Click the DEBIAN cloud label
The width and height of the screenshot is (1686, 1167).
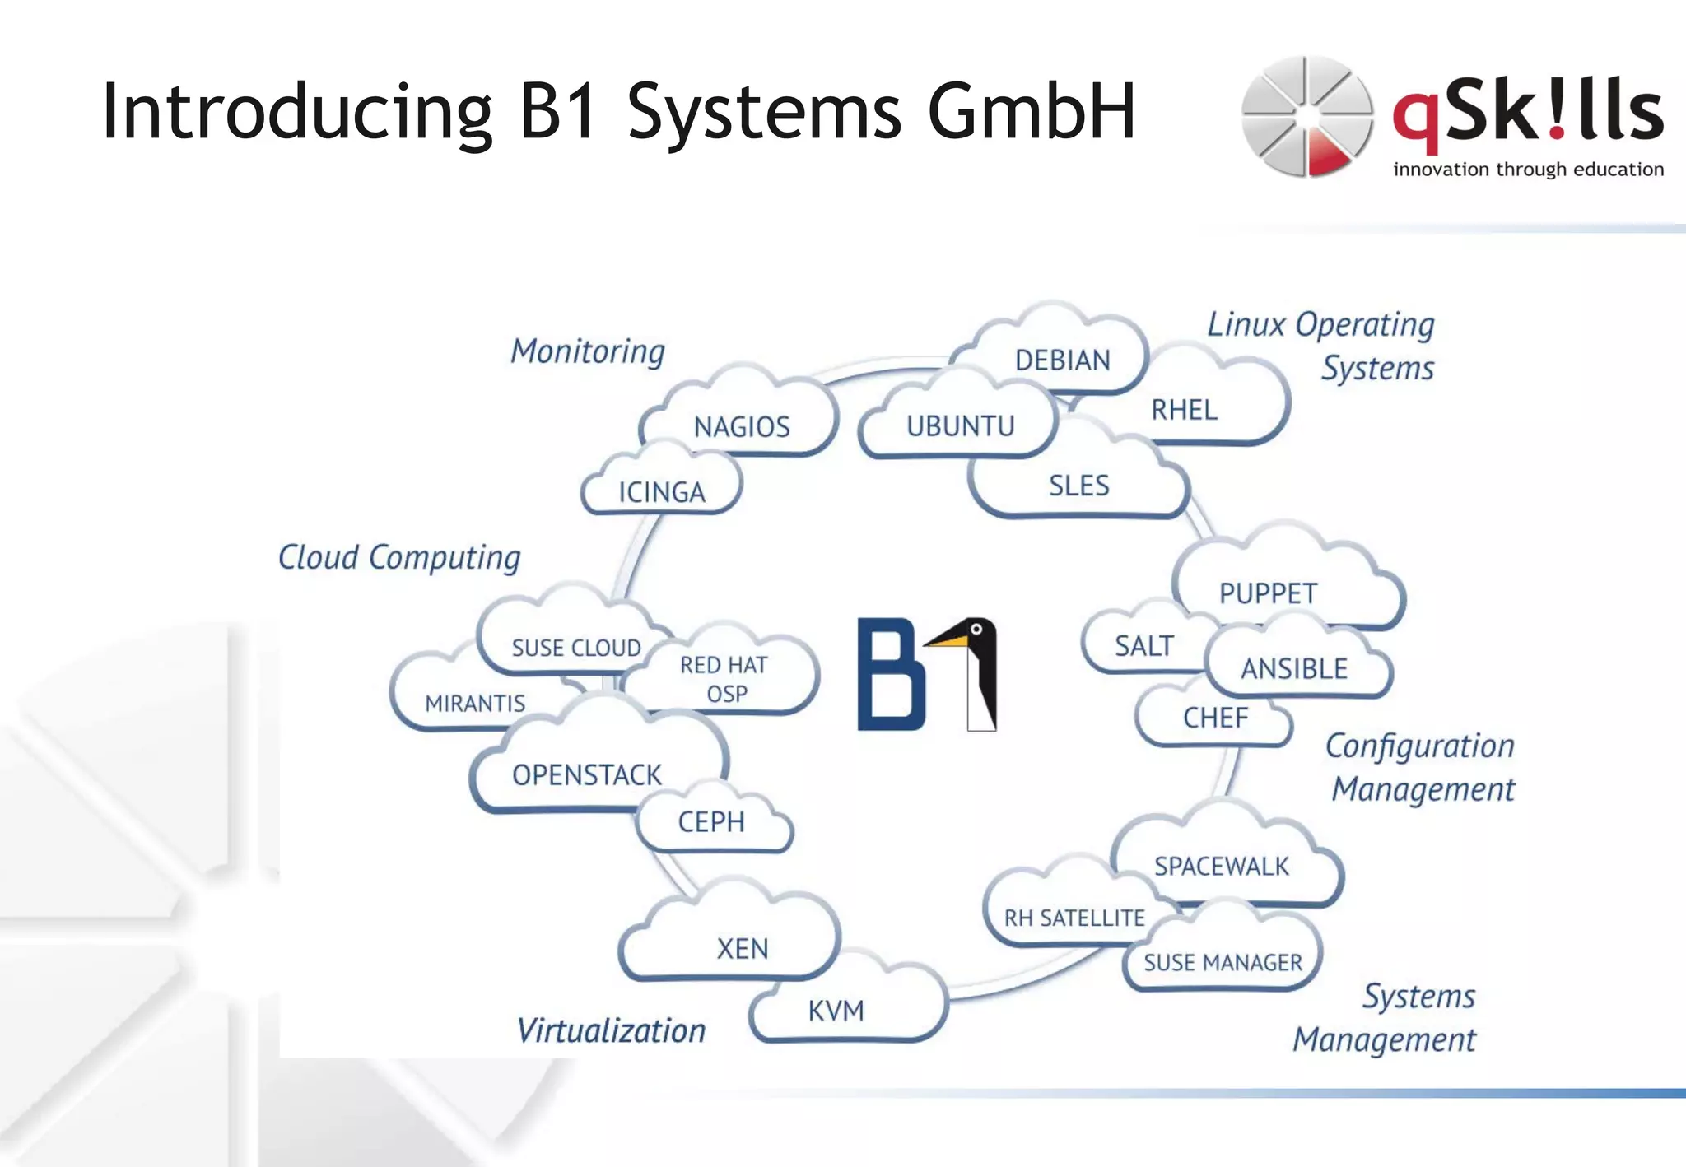tap(1062, 360)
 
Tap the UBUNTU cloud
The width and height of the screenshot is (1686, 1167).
tap(960, 426)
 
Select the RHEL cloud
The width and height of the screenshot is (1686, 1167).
tap(1184, 410)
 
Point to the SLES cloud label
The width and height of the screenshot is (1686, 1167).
tap(1078, 486)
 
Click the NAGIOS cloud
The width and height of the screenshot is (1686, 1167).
tap(742, 427)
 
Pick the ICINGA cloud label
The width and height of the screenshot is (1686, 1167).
tap(662, 492)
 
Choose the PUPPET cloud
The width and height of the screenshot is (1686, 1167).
tap(1268, 593)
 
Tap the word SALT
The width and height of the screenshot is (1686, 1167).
tap(1143, 646)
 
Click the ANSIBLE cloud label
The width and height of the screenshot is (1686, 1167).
tap(1294, 669)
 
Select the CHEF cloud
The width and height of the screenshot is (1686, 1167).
tap(1215, 718)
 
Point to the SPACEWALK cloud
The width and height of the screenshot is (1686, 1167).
tap(1221, 866)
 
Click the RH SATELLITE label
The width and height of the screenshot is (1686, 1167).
tap(1074, 918)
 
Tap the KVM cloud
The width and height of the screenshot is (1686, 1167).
tap(836, 1011)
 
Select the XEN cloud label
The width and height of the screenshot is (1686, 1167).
tap(742, 949)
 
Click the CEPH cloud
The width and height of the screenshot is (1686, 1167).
tap(711, 821)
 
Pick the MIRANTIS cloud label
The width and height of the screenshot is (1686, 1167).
tap(475, 704)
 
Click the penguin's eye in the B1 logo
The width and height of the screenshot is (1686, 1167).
tap(976, 630)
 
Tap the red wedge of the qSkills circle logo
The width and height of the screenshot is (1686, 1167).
tap(1327, 156)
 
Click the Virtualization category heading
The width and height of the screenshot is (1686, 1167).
tap(611, 1031)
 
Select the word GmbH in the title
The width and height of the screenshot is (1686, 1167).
tap(1032, 111)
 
